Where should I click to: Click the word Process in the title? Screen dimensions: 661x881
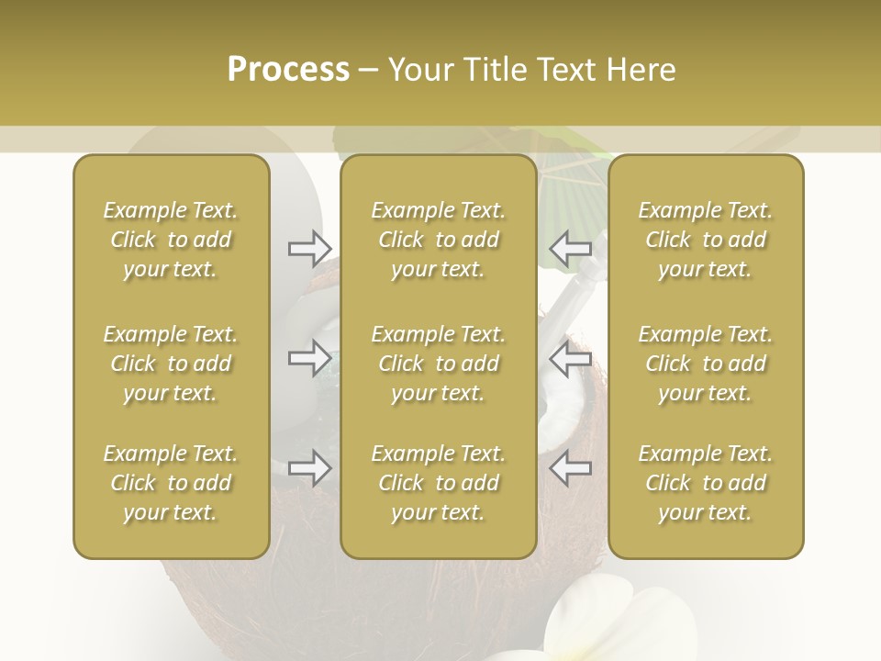(x=288, y=70)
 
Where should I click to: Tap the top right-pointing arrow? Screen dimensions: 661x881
(x=309, y=248)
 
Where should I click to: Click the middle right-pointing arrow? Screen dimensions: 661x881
(x=309, y=358)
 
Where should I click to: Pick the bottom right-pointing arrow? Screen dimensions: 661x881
(x=309, y=469)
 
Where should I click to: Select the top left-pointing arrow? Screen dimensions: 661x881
(x=571, y=248)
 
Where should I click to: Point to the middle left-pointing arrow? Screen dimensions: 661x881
(x=571, y=358)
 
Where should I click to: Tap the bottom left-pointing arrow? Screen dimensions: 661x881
(x=571, y=469)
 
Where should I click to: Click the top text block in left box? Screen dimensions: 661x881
(x=171, y=240)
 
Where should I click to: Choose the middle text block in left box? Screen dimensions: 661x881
(x=171, y=364)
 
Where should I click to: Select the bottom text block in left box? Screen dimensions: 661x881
(x=171, y=483)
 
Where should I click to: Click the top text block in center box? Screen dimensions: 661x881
(x=438, y=240)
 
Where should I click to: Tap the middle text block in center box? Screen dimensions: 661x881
(x=438, y=364)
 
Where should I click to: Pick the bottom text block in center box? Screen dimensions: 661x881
(x=438, y=483)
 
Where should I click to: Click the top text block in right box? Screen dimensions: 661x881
(x=705, y=240)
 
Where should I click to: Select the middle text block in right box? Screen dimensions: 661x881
(x=705, y=364)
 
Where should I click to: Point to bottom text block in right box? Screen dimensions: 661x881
(x=705, y=483)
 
